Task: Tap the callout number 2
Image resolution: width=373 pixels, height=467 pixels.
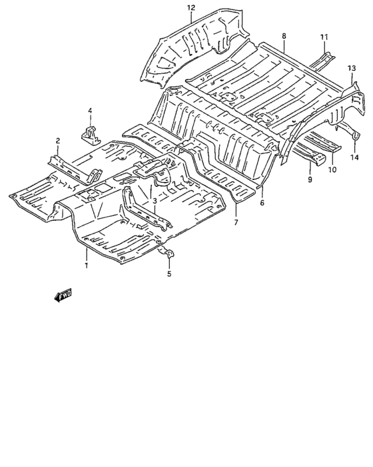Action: pyautogui.click(x=58, y=141)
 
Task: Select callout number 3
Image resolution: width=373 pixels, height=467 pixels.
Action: pyautogui.click(x=155, y=201)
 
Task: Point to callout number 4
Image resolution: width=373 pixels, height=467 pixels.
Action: pyautogui.click(x=91, y=111)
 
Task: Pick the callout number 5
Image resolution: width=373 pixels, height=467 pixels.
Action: pyautogui.click(x=169, y=274)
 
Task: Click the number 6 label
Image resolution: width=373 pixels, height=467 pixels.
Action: pyautogui.click(x=262, y=203)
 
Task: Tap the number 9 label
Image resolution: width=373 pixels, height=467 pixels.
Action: pyautogui.click(x=310, y=180)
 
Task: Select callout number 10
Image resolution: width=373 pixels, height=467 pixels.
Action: pyautogui.click(x=332, y=169)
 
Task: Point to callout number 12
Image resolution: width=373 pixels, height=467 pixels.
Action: pyautogui.click(x=191, y=8)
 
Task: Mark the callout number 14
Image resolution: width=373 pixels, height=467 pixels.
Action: pyautogui.click(x=354, y=157)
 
